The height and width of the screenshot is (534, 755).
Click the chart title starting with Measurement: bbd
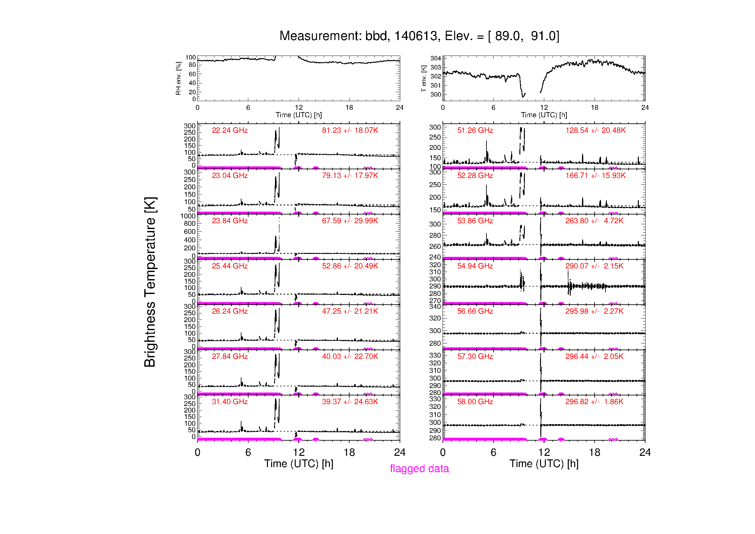point(419,36)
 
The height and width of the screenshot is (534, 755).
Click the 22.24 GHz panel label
point(230,130)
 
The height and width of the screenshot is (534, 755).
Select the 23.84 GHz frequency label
point(230,221)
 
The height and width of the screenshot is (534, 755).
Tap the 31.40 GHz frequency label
point(230,402)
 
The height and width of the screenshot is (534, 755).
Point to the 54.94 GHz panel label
point(475,266)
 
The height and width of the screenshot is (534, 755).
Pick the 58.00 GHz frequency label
point(475,402)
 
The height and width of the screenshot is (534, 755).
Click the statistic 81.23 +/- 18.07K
point(350,130)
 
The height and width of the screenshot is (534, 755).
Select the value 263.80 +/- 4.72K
point(594,221)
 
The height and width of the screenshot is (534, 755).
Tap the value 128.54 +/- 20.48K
point(595,130)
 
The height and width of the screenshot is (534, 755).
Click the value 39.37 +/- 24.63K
point(350,402)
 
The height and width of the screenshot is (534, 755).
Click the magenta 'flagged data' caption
point(419,468)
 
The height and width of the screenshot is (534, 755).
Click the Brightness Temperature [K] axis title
point(150,282)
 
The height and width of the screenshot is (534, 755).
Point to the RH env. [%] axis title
point(178,78)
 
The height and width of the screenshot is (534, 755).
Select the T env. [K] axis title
point(423,78)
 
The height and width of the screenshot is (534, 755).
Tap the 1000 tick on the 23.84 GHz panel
point(188,216)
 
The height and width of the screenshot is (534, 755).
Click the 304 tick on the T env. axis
point(436,58)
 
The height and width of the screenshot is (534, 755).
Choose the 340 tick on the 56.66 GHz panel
point(435,307)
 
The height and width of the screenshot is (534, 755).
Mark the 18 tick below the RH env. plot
point(349,108)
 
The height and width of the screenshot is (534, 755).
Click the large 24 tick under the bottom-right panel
point(645,452)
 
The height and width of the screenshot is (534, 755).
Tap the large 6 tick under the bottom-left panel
point(248,452)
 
